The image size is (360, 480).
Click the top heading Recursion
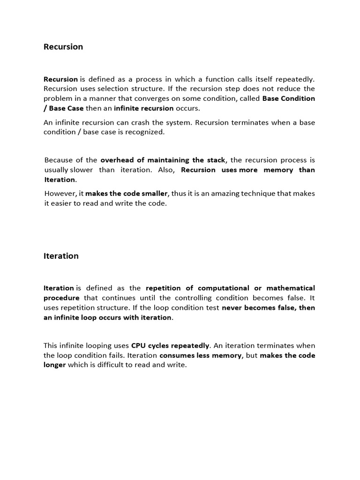click(x=63, y=47)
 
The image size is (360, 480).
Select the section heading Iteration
click(x=61, y=256)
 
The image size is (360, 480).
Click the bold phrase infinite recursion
click(x=143, y=108)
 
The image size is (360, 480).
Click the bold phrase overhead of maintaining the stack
click(x=163, y=160)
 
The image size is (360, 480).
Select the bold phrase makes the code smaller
click(x=127, y=194)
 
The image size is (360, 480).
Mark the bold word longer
click(x=55, y=365)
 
